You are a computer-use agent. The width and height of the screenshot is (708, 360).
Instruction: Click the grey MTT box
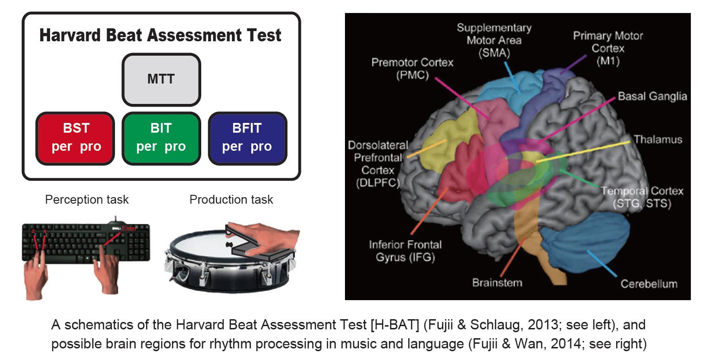(161, 79)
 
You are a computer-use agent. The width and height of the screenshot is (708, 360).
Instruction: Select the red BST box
(76, 138)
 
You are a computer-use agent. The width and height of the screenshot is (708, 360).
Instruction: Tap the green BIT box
(161, 138)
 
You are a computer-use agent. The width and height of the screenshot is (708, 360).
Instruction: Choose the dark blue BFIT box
(247, 138)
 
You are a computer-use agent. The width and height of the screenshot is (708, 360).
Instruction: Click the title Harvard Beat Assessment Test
(160, 36)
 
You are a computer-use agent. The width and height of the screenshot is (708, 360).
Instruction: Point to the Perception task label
(87, 200)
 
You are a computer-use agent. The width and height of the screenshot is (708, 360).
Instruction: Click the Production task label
(231, 200)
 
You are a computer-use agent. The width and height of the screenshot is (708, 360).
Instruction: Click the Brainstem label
(497, 282)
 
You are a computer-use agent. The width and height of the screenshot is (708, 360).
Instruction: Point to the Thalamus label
(657, 139)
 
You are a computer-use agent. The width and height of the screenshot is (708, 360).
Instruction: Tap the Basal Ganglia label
(652, 96)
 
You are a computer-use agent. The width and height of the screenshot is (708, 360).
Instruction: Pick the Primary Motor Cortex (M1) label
(608, 48)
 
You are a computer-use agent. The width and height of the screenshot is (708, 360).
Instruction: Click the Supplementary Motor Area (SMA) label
(494, 40)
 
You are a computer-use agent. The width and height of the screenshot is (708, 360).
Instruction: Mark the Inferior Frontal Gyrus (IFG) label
(405, 251)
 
